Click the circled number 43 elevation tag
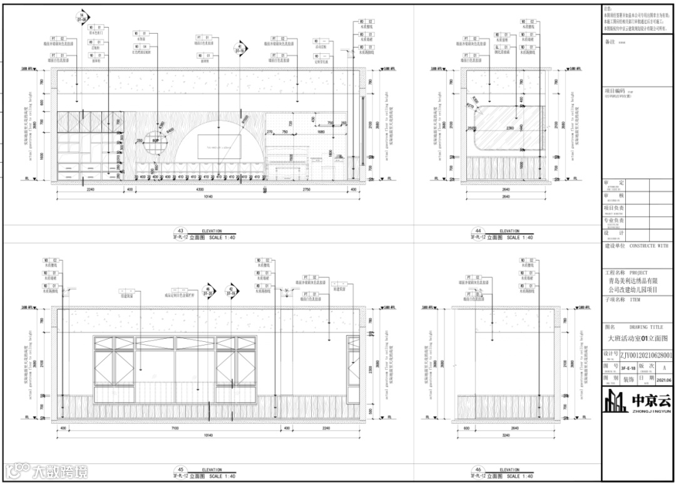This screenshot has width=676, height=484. point(182,230)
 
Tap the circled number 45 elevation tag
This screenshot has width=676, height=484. point(182,470)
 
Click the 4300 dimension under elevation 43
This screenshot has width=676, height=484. point(199,188)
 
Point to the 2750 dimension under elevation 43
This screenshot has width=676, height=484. point(307,188)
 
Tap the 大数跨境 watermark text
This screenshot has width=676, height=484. point(60,471)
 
